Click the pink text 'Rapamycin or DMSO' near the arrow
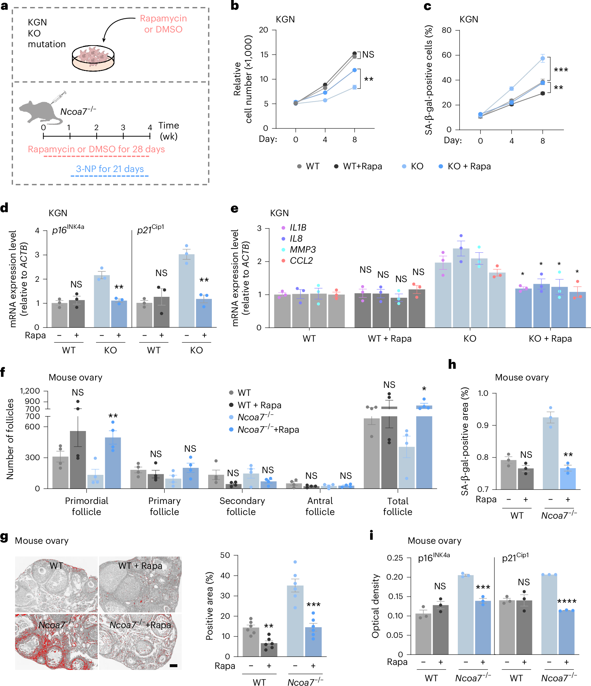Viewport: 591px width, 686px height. pyautogui.click(x=163, y=24)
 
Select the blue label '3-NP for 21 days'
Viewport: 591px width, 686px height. pyautogui.click(x=110, y=169)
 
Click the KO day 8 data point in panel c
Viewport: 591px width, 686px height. pyautogui.click(x=542, y=59)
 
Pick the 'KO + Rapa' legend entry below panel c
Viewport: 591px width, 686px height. pyautogui.click(x=465, y=166)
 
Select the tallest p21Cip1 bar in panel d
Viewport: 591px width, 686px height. pyautogui.click(x=186, y=290)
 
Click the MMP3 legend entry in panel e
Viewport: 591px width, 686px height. pyautogui.click(x=302, y=250)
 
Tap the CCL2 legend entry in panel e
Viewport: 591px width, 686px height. pyautogui.click(x=301, y=261)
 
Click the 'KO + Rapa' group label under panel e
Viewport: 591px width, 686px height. pyautogui.click(x=550, y=339)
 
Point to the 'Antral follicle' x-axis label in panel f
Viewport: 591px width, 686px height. pyautogui.click(x=320, y=506)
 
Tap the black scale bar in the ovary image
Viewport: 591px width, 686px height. pyautogui.click(x=173, y=666)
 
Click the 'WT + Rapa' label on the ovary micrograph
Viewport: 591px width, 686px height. pyautogui.click(x=140, y=566)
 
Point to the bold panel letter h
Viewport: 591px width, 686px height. pyautogui.click(x=452, y=364)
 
